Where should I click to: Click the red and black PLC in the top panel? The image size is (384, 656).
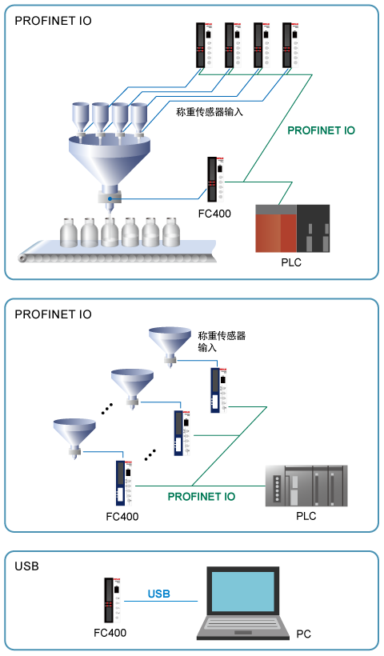tap(292, 229)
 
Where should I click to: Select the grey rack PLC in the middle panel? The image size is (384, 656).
tap(306, 486)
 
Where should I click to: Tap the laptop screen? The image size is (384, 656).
tap(243, 591)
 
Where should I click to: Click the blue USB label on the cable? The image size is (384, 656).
tap(159, 594)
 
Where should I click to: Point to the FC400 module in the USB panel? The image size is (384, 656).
tap(112, 600)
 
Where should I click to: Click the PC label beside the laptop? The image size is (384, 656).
tap(304, 634)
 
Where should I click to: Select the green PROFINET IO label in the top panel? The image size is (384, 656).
tap(322, 130)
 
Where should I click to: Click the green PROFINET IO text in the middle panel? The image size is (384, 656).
tap(202, 497)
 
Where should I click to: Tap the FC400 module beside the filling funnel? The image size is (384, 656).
tap(215, 179)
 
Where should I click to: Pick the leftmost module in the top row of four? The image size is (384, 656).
tap(205, 45)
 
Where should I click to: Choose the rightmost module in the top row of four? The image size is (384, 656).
tap(290, 45)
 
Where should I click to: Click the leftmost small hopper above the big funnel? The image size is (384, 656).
tap(80, 119)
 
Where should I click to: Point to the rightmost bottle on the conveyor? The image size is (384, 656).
tap(170, 232)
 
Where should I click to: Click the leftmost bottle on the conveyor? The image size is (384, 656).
tap(69, 232)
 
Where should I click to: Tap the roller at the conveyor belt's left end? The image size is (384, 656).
tap(22, 258)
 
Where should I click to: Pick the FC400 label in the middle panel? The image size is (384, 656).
tap(122, 516)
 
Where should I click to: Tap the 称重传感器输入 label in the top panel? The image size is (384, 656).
tap(210, 112)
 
